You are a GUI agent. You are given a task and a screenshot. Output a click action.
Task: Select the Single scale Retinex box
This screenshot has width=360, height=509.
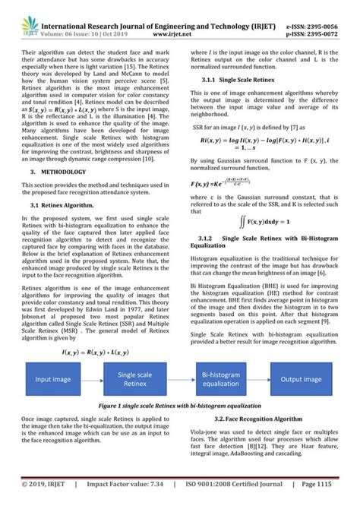point(135,379)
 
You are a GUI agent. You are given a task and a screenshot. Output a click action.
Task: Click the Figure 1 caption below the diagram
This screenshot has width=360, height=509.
point(179,406)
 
